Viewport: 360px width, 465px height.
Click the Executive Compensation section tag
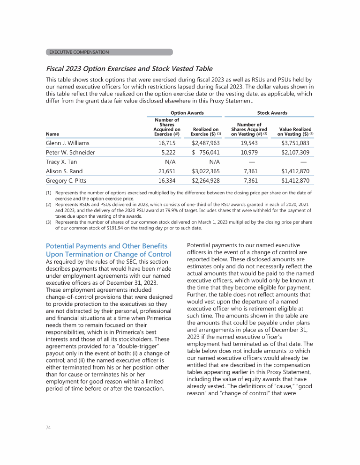(x=109, y=52)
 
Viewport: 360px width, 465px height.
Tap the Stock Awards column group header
(x=272, y=113)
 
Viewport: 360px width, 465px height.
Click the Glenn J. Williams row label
(x=67, y=143)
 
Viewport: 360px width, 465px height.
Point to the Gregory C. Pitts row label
(x=66, y=181)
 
